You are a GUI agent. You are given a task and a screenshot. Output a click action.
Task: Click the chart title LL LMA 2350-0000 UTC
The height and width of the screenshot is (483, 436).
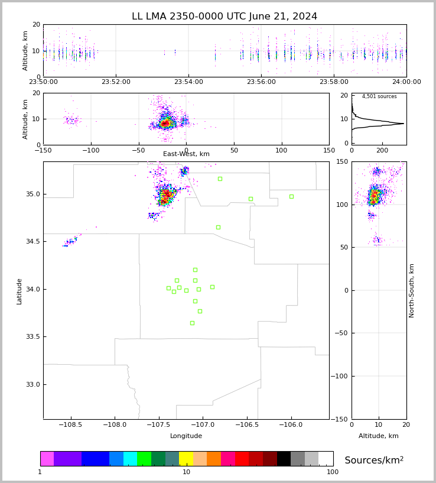tap(190, 16)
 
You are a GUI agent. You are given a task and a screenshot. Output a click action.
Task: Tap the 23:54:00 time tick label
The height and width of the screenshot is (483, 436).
tap(188, 82)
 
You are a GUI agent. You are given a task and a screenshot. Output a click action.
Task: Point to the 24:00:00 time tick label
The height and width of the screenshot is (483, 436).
tap(406, 82)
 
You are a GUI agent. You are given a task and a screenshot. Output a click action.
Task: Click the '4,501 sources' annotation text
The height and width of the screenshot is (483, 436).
tap(379, 96)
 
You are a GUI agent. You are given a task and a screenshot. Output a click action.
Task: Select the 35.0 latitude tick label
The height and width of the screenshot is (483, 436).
tap(33, 195)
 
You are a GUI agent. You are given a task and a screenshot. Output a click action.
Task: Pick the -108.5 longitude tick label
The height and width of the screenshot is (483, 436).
tap(70, 425)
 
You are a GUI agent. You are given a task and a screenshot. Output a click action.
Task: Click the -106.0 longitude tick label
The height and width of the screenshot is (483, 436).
tap(291, 425)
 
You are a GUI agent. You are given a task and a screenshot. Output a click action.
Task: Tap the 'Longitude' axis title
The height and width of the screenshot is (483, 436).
tap(186, 436)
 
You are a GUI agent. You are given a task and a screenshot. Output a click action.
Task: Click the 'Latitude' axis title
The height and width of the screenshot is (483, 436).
tap(19, 291)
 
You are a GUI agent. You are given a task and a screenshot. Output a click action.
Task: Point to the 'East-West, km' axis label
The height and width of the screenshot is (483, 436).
tap(186, 154)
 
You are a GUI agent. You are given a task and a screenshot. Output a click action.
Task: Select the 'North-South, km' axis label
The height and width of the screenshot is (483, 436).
tap(411, 291)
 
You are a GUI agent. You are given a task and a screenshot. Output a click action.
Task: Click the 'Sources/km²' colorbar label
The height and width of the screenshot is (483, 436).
tap(374, 460)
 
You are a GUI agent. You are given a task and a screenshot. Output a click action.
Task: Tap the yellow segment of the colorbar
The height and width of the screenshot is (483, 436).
tap(186, 459)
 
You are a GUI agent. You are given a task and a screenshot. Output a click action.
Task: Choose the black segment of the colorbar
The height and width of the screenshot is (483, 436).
tap(284, 459)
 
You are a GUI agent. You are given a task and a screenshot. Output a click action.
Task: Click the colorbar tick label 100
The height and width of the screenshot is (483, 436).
tap(333, 472)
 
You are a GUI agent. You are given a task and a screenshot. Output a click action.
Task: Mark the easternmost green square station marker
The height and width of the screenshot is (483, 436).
tap(291, 196)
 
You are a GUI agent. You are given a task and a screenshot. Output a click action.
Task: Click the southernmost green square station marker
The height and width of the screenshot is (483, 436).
tap(192, 323)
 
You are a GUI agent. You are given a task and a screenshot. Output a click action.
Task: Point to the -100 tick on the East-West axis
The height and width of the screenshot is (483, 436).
tap(91, 150)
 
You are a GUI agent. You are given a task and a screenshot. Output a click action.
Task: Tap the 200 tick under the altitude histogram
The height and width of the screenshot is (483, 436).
tap(382, 150)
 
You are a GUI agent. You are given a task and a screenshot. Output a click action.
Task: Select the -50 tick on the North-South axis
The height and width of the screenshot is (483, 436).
tap(341, 333)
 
